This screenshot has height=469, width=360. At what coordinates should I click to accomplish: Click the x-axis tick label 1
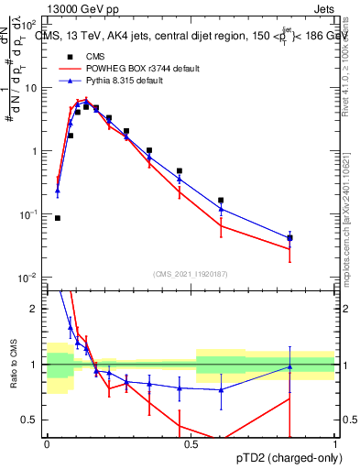(x=334, y=444)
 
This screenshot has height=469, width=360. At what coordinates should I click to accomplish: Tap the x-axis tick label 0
(x=46, y=444)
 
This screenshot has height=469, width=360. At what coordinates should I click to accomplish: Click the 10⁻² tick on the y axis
(x=30, y=277)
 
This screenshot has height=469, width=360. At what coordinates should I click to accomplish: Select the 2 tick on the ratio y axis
(x=37, y=309)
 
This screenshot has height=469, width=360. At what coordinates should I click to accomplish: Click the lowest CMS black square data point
(x=58, y=218)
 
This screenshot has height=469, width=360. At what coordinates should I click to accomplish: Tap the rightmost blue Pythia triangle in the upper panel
(x=289, y=237)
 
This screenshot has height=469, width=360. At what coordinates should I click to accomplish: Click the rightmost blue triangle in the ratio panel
(x=289, y=366)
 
